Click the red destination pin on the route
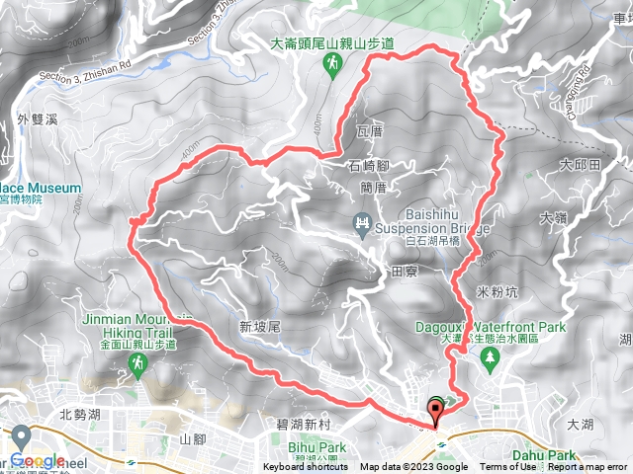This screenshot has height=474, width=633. pyautogui.click(x=434, y=410)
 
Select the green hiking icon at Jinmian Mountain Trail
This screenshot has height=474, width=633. pyautogui.click(x=136, y=366)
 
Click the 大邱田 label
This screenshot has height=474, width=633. pyautogui.click(x=580, y=164)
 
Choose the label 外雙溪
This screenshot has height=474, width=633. pyautogui.click(x=39, y=119)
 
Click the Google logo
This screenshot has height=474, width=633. pyautogui.click(x=38, y=461)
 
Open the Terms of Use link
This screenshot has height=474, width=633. pyautogui.click(x=507, y=467)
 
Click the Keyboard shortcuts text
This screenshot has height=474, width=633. pyautogui.click(x=307, y=467)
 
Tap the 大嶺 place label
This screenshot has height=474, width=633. pyautogui.click(x=553, y=214)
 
